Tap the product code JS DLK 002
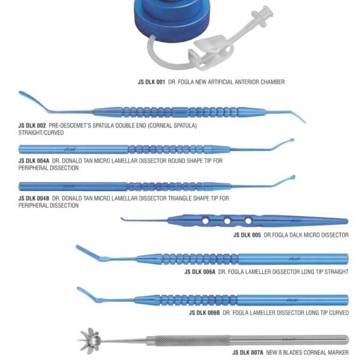tap(32, 125)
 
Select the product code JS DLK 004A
tap(34, 161)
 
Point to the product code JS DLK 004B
tap(34, 198)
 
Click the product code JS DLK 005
tap(247, 235)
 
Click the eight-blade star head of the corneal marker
tap(90, 340)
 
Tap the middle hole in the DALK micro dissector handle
tap(227, 221)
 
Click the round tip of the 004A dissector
tap(292, 141)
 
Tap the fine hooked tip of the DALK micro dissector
tap(122, 218)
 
